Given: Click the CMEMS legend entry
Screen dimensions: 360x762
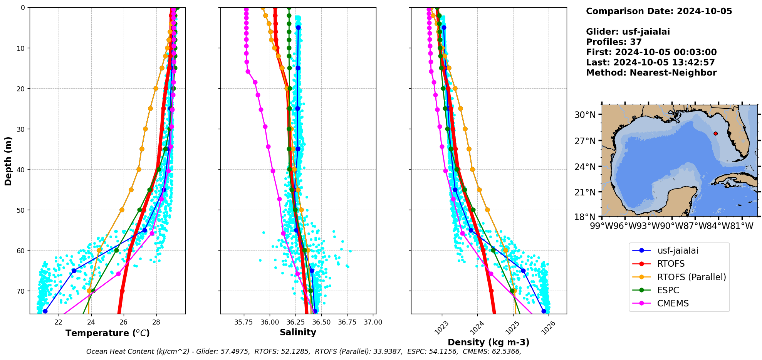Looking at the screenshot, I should pyautogui.click(x=673, y=303).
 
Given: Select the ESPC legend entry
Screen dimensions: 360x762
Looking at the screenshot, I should pyautogui.click(x=668, y=290).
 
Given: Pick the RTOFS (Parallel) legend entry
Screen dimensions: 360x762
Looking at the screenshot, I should pyautogui.click(x=692, y=277).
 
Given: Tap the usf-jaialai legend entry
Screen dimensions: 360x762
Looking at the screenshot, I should pyautogui.click(x=678, y=251).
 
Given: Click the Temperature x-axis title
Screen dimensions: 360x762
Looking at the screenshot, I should pyautogui.click(x=107, y=333).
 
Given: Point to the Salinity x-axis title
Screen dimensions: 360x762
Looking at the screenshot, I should pyautogui.click(x=298, y=332).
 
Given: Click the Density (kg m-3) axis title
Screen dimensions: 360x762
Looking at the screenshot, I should pyautogui.click(x=488, y=342).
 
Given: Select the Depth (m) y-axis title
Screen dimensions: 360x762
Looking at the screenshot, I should pyautogui.click(x=8, y=161).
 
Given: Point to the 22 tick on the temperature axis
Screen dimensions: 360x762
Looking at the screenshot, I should pyautogui.click(x=59, y=322).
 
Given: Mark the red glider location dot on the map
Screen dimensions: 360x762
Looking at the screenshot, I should pyautogui.click(x=715, y=133).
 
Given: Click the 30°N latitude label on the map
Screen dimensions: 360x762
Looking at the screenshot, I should pyautogui.click(x=585, y=115).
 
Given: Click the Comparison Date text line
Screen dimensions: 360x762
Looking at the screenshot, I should pyautogui.click(x=659, y=11).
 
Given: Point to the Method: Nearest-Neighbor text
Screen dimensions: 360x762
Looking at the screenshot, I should pyautogui.click(x=651, y=73).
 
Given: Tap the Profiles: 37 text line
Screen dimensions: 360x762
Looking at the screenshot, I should pyautogui.click(x=614, y=42).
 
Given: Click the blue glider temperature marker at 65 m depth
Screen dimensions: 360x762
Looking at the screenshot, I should pyautogui.click(x=74, y=271).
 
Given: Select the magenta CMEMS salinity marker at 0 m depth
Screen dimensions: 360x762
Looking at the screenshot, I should pyautogui.click(x=246, y=9).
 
